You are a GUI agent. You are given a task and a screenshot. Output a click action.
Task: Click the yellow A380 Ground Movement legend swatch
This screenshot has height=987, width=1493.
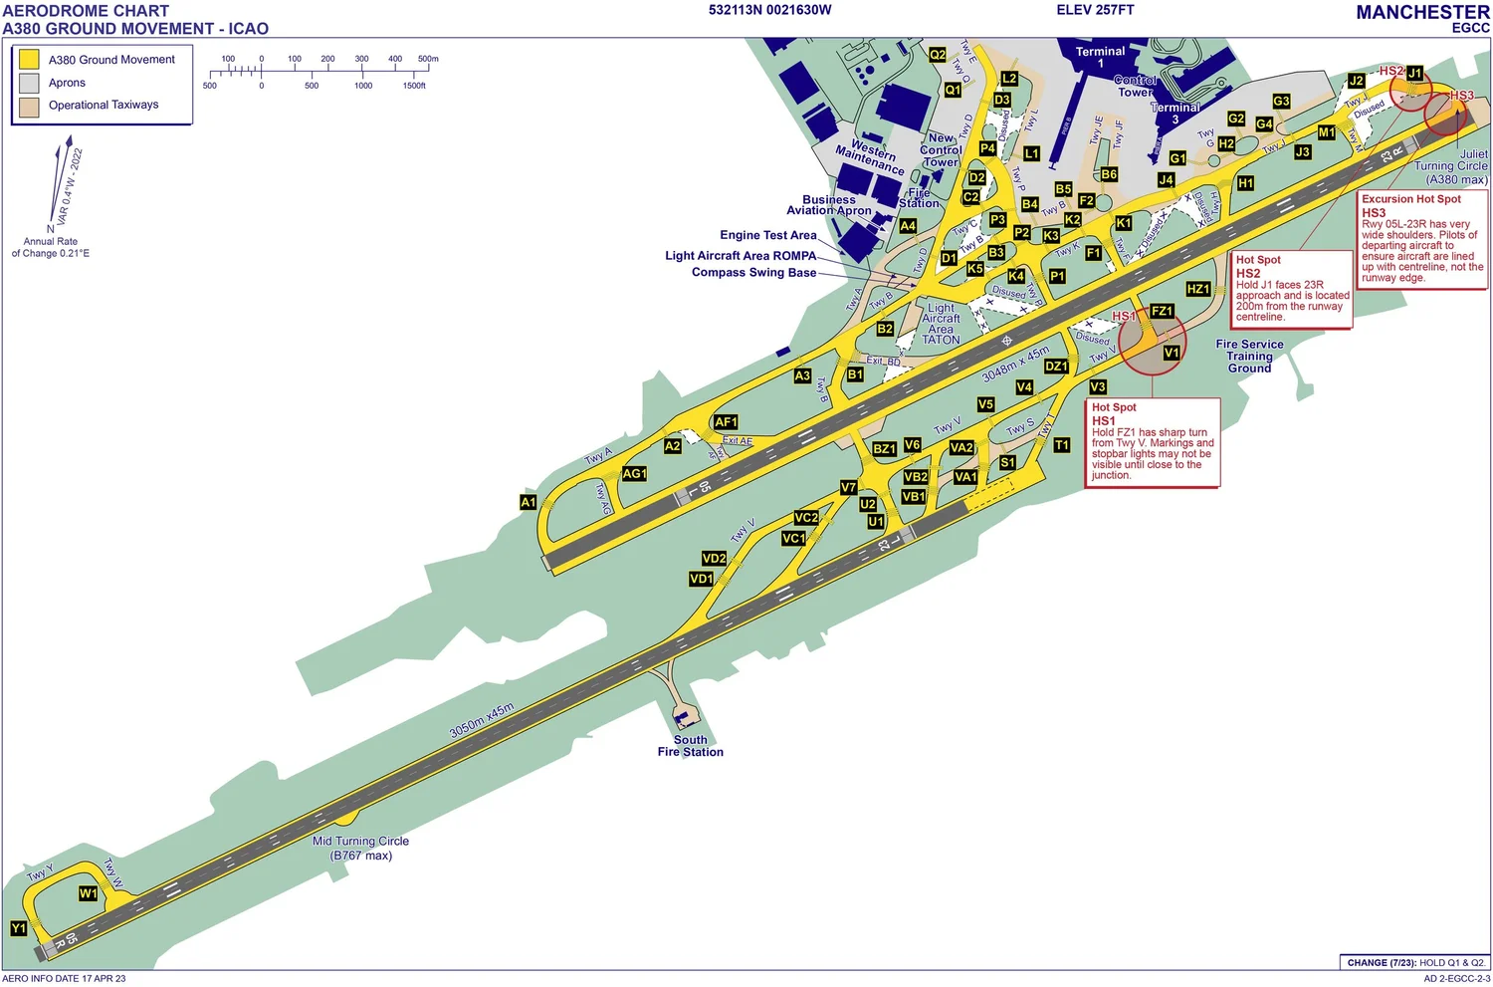coord(29,60)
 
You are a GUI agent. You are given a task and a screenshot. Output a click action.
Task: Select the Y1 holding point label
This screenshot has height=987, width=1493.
coord(19,928)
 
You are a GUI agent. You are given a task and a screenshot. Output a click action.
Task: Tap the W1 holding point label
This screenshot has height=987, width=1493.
coord(89,893)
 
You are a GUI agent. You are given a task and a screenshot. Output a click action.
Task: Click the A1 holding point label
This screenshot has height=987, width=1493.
coord(529,502)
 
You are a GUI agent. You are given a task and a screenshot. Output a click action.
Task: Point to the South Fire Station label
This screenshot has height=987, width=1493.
coord(690,746)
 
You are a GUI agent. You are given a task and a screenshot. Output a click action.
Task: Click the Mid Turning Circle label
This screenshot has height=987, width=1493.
coord(360,848)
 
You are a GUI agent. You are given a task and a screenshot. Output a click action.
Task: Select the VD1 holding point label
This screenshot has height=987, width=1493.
coord(702,579)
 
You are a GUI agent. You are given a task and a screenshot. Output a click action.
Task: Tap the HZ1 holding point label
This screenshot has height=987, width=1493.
coord(1198,289)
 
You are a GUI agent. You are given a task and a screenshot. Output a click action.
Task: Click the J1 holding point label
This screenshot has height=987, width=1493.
coord(1414,73)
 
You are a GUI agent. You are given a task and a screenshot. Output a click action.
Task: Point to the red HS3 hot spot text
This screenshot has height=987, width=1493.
coord(1462,96)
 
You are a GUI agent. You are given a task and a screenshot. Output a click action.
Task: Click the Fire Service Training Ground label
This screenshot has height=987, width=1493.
coord(1249,356)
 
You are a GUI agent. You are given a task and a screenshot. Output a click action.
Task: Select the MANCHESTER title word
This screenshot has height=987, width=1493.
coord(1422,12)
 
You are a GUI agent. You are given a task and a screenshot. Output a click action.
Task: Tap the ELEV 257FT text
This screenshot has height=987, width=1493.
coord(1095,10)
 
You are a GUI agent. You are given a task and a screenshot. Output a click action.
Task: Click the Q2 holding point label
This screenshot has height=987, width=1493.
coord(938,55)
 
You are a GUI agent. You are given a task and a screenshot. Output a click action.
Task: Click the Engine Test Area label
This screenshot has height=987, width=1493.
coord(767,235)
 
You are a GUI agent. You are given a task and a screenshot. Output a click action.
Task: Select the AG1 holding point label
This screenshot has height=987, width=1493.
coord(634,474)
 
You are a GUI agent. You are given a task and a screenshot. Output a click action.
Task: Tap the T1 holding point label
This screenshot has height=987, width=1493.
coord(1062,445)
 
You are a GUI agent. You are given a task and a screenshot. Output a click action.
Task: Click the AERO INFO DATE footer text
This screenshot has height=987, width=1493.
coord(64,978)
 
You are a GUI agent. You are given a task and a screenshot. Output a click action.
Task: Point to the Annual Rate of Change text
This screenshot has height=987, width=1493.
coord(51,247)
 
